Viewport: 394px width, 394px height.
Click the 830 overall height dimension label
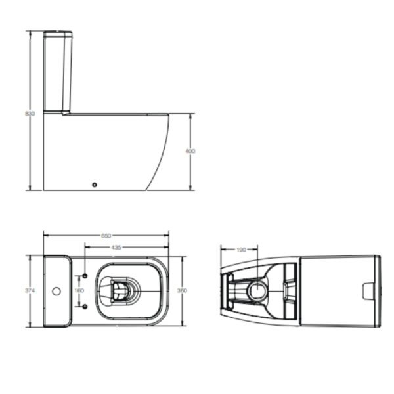[x=30, y=114]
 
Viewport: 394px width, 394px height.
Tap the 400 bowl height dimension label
[x=190, y=151]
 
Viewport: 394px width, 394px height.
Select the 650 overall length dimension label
[x=106, y=236]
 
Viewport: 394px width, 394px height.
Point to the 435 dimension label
[x=116, y=248]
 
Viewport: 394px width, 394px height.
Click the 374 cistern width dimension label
[x=30, y=290]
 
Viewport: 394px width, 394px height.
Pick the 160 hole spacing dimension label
[x=79, y=290]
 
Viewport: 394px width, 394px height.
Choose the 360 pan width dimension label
[x=182, y=290]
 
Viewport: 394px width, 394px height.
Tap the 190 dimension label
[x=241, y=250]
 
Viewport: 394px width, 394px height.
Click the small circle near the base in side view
[x=95, y=185]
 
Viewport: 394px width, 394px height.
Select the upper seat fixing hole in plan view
[x=85, y=276]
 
